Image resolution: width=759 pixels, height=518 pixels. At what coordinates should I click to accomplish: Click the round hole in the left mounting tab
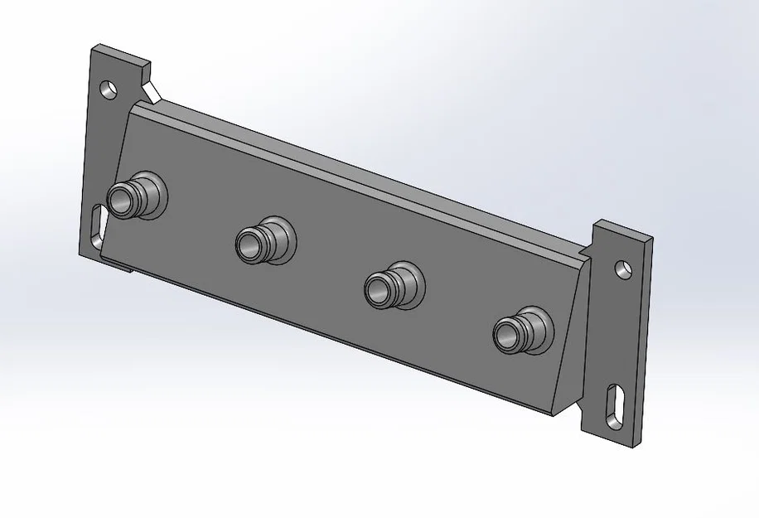point(107,87)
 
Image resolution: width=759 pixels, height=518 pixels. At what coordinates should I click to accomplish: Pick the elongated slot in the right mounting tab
point(616,407)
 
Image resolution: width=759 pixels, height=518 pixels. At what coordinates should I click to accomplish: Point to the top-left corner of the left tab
point(93,49)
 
